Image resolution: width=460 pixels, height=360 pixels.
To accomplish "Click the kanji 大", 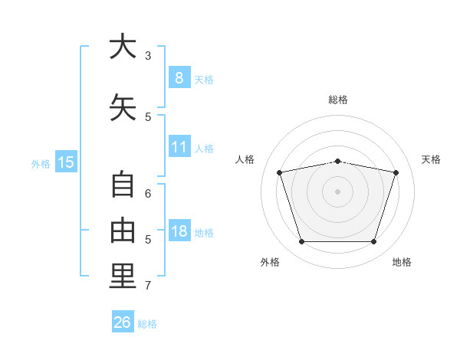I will (123, 47).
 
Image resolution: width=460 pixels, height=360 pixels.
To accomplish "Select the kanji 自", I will (123, 186).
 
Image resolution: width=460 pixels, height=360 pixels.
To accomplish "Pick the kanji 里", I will (123, 277).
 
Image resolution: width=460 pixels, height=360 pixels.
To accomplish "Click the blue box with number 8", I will (179, 78).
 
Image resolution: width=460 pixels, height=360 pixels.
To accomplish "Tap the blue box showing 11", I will (179, 147).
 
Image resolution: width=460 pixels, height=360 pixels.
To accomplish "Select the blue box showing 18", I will (179, 231).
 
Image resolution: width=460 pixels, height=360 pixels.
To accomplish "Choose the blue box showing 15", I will (65, 162).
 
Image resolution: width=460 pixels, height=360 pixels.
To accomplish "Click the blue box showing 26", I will (123, 322).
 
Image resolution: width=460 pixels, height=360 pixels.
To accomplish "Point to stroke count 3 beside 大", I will (148, 56).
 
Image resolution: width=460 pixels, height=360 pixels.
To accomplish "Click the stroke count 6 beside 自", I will (148, 194).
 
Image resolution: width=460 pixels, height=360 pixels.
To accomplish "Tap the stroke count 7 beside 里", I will (148, 286).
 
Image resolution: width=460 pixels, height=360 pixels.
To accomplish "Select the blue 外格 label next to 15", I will (41, 163).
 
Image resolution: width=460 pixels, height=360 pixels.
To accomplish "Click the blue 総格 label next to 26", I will (147, 324).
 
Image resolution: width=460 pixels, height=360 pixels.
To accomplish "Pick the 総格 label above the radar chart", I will (337, 100).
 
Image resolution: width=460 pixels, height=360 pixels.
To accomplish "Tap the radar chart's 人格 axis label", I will (245, 159).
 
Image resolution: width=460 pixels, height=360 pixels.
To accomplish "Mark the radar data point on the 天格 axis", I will (396, 173).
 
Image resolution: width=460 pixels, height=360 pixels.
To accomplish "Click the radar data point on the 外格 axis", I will (301, 242).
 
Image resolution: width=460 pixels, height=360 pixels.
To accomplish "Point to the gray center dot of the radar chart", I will (337, 191).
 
